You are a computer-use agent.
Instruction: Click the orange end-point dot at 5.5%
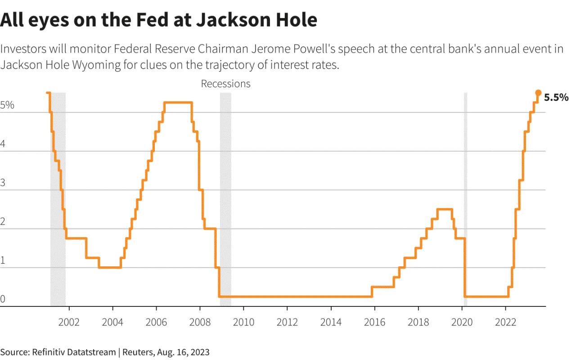[538, 93]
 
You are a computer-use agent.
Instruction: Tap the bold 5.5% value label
[556, 98]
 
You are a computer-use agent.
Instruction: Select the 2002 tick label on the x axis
[69, 322]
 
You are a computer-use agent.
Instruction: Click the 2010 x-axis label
[243, 322]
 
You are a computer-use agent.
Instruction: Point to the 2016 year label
[374, 322]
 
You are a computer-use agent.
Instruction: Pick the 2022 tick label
[505, 322]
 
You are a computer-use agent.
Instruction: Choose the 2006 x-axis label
[156, 322]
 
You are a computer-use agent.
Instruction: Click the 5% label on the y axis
[7, 105]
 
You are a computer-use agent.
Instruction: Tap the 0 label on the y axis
[3, 299]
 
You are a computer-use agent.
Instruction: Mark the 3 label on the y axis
[3, 183]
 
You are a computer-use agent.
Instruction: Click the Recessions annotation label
[225, 84]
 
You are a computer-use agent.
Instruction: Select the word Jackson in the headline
[233, 20]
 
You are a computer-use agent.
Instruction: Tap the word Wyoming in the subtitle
[96, 65]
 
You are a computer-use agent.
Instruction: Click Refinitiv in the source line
[48, 352]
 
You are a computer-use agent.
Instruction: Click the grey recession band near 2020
[466, 199]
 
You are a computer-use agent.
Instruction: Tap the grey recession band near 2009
[225, 199]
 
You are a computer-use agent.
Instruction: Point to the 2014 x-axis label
[331, 322]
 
